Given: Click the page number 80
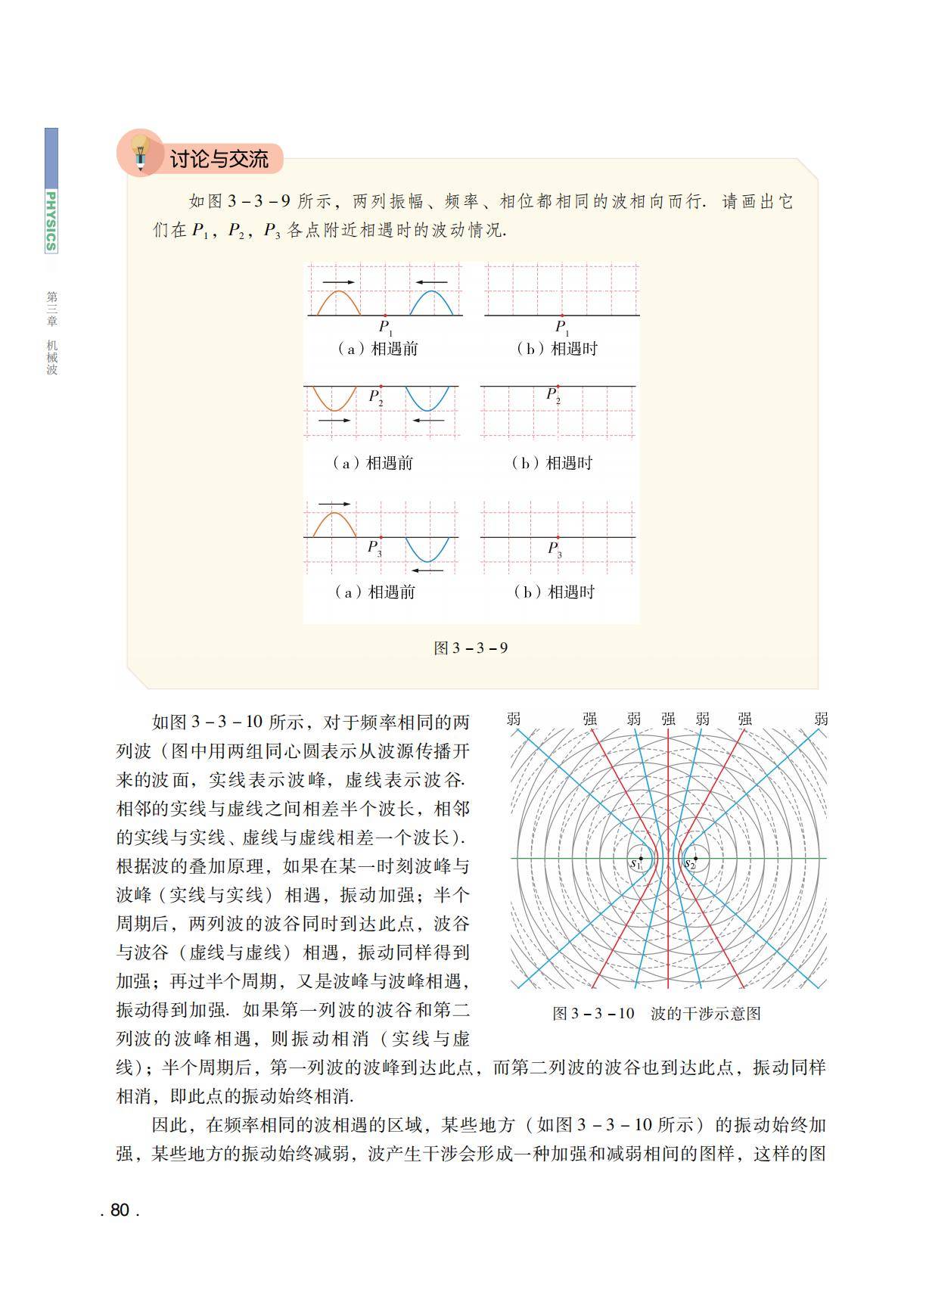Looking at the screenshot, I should coord(120,1210).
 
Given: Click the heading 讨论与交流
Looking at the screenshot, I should coord(219,159).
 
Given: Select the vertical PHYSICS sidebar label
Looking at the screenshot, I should coord(51,221).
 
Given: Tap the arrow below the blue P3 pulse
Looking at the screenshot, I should coord(427,570).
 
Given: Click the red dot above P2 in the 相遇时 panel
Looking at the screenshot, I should coord(558,387).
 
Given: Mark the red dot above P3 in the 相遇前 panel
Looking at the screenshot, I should coord(381,537).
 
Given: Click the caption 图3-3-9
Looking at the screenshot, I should coord(471,648).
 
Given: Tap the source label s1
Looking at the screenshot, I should coord(635,863).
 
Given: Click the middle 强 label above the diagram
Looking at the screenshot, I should coord(668,719).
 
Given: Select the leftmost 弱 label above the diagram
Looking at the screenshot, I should coord(514,719).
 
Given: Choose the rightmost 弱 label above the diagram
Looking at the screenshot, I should coord(822,719).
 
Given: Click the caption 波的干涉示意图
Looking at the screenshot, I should coord(705,1014).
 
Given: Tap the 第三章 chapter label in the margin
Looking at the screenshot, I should coord(51,309).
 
